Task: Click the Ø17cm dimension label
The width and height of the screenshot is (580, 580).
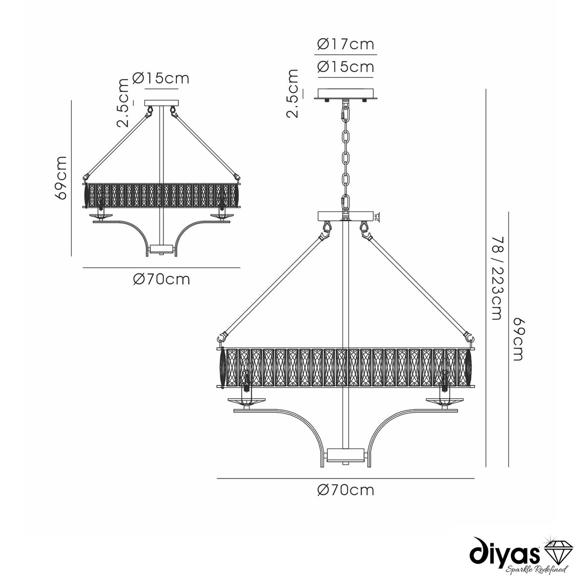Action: pyautogui.click(x=346, y=44)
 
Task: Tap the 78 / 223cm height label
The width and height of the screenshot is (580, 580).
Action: pyautogui.click(x=496, y=278)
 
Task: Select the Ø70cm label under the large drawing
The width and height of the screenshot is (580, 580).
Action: pyautogui.click(x=346, y=490)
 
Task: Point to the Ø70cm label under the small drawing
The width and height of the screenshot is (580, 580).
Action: pyautogui.click(x=161, y=280)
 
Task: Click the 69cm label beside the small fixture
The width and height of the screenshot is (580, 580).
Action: pyautogui.click(x=61, y=177)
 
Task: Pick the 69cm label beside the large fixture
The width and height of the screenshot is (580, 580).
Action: pyautogui.click(x=518, y=339)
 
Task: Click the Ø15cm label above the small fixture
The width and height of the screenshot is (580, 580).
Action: pyautogui.click(x=161, y=78)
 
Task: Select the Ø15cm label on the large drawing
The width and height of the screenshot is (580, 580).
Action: pyautogui.click(x=346, y=67)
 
